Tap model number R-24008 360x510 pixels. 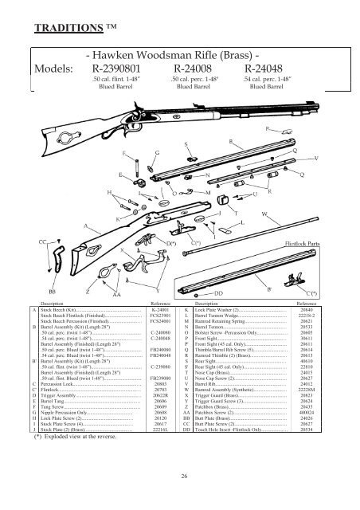tap(195, 69)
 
